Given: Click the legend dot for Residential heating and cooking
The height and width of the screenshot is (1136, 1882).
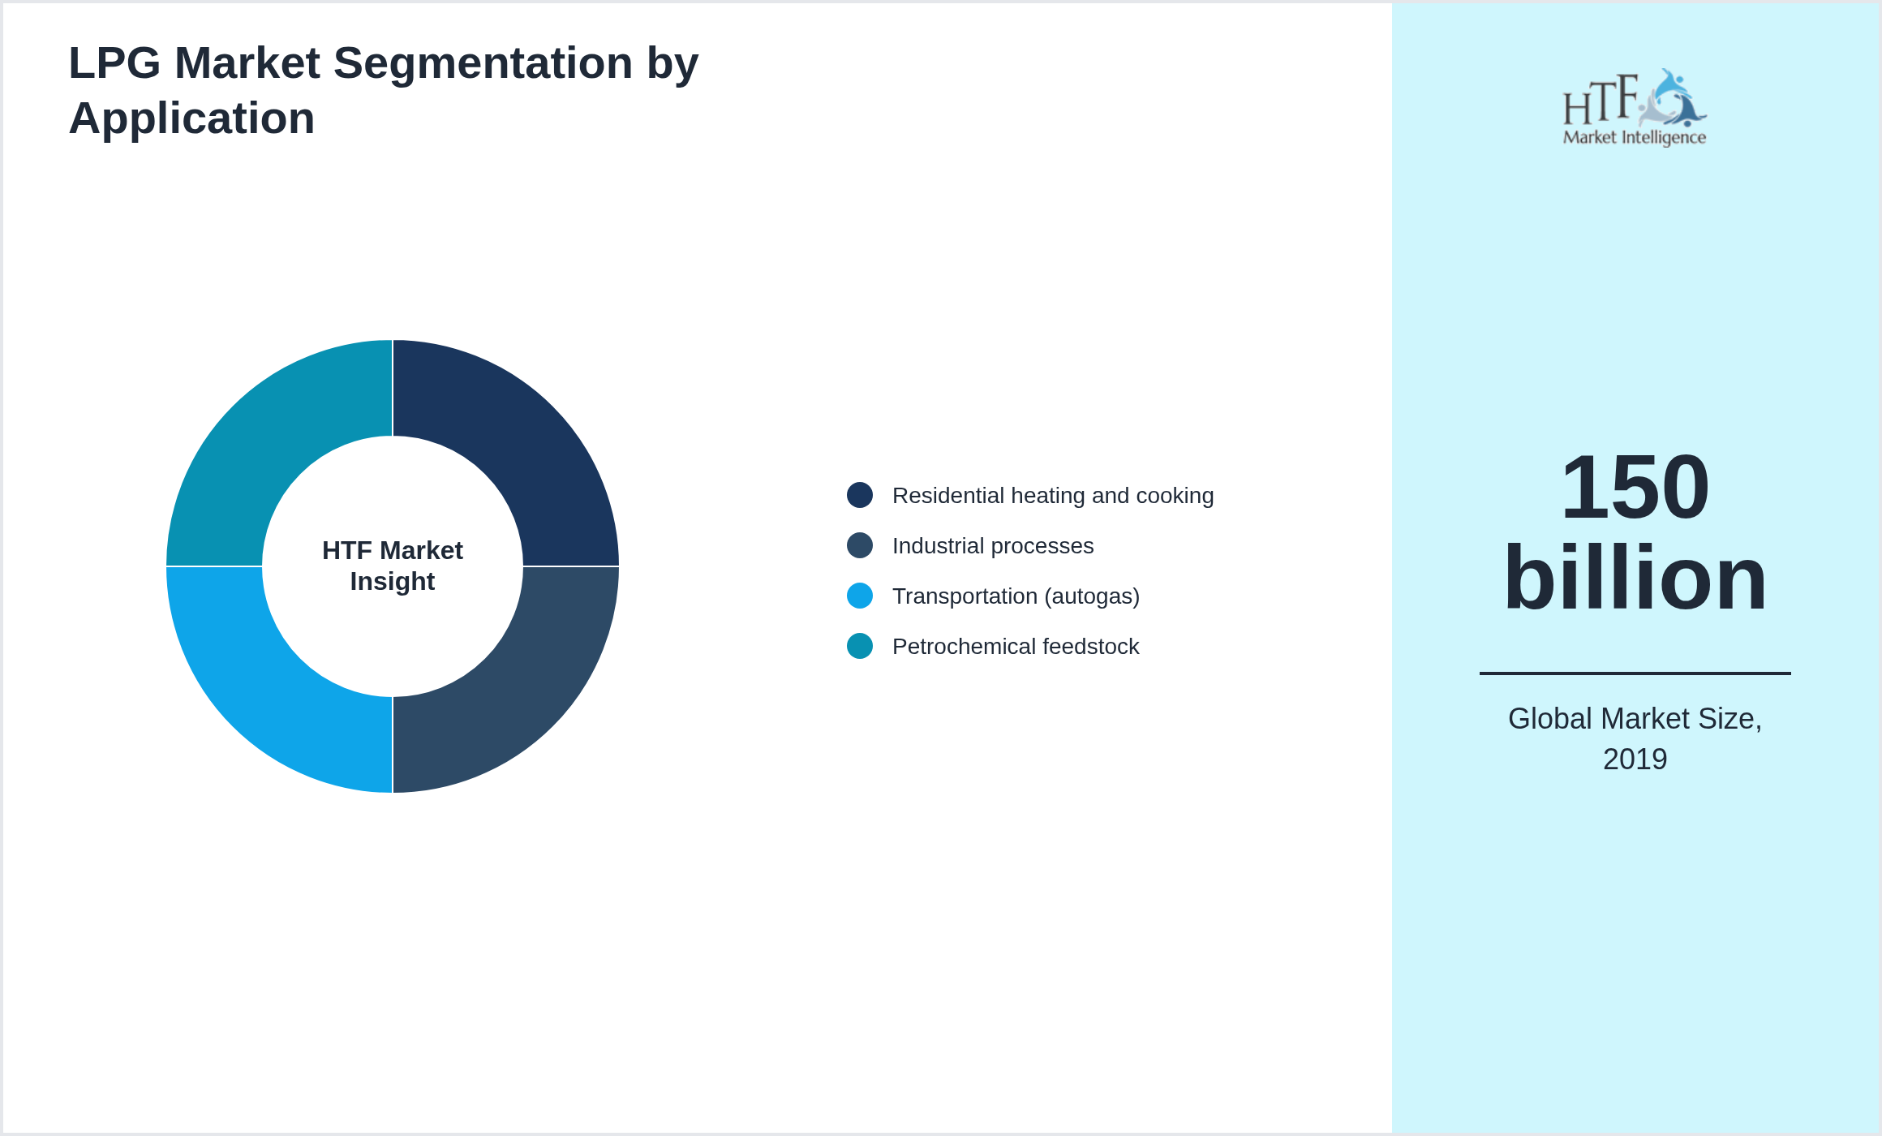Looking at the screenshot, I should coord(860,495).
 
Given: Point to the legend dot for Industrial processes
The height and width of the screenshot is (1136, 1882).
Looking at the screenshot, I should coord(860,545).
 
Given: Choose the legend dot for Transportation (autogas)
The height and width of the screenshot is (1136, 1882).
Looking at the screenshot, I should coord(860,596).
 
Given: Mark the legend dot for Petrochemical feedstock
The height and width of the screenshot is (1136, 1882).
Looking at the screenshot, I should coord(860,646).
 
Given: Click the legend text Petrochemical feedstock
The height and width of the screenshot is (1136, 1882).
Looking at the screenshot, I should coord(1016,647).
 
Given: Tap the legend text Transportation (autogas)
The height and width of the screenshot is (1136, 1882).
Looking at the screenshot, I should coord(1016,596).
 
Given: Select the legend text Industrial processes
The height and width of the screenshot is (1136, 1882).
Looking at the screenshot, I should coord(993,546).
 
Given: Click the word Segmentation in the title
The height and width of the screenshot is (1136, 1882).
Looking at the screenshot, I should coord(483,63).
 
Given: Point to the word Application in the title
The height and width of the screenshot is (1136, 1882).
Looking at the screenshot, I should coord(191,118).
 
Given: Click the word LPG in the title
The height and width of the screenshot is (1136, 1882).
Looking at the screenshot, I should coord(114,63).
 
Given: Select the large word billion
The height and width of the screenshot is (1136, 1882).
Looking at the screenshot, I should coord(1635,578).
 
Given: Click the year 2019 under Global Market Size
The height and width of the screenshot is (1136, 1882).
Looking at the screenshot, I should coord(1635,759).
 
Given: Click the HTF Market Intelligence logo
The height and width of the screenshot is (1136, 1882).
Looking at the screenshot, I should coord(1635,108).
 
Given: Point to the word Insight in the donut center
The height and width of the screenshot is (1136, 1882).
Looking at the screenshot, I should coord(393,582).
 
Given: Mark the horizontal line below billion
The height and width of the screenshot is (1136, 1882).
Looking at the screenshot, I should coord(1635,673).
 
